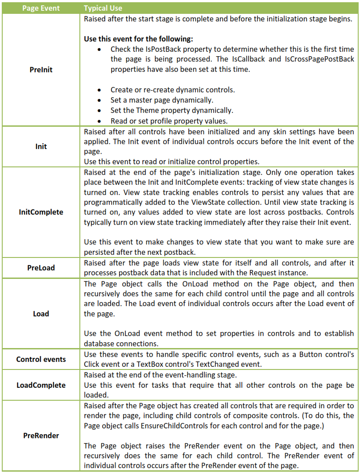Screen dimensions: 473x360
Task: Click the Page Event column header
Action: pos(41,8)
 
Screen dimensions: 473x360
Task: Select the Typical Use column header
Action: pos(103,8)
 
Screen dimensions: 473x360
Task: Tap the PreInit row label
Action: pos(41,70)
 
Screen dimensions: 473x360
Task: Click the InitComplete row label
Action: pos(41,212)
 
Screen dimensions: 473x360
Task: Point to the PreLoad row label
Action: pos(41,268)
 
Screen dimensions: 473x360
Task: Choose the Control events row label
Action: pos(41,359)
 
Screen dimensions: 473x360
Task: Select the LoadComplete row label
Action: pos(41,385)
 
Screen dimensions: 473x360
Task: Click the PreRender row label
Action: pos(41,436)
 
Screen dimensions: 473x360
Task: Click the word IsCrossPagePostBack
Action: pos(319,59)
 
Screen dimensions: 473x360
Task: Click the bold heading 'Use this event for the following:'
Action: pos(138,39)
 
